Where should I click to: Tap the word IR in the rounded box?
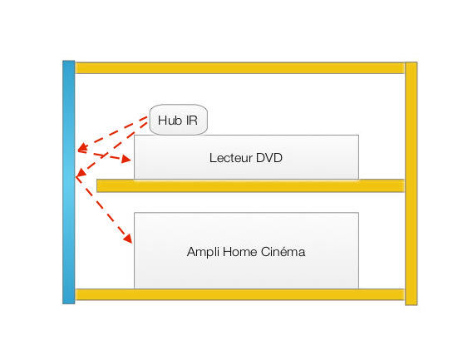192,121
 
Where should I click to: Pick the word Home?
240,252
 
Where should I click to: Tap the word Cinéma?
283,252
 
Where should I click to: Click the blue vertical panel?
69,182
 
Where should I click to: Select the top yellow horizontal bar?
239,68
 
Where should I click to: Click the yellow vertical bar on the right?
411,184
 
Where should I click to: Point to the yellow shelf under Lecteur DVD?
250,185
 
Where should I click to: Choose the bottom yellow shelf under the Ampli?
239,294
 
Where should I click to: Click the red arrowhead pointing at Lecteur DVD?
126,160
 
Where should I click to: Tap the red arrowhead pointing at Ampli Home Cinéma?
128,239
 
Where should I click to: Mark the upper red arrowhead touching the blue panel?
82,147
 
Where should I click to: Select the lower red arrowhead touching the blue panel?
81,173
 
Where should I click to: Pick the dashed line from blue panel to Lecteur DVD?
104,155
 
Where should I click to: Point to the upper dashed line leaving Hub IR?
113,133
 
